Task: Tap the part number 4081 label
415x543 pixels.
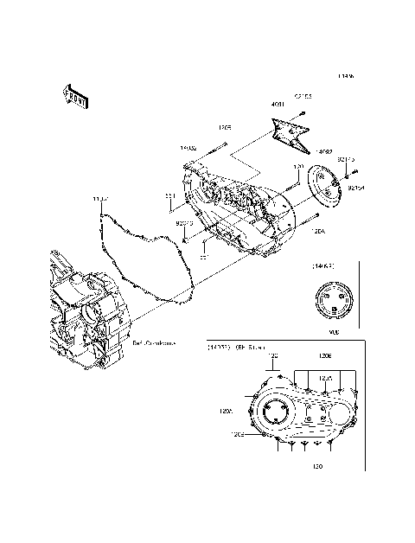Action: [277, 105]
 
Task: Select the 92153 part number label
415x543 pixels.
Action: [303, 96]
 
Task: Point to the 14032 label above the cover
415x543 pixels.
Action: [188, 148]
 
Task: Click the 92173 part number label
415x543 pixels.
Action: [346, 160]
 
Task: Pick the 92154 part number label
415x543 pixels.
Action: [356, 187]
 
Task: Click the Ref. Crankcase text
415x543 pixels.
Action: [155, 343]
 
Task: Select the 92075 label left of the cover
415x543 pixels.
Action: [183, 223]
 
